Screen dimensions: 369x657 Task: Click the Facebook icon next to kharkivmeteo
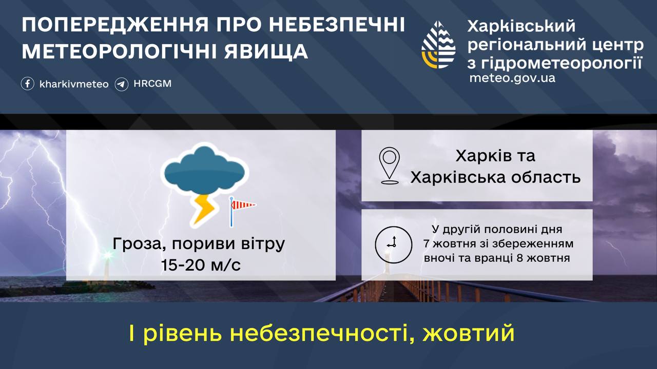pos(28,84)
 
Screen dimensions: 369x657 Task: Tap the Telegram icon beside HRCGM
pos(122,84)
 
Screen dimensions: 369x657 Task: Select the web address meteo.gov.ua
pos(512,78)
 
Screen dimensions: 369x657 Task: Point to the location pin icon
pos(390,166)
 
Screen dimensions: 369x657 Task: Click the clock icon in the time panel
pos(393,243)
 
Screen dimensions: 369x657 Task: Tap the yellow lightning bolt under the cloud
pos(204,209)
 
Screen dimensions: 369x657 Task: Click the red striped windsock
pos(242,206)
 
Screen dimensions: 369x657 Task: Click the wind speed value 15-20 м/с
pos(201,265)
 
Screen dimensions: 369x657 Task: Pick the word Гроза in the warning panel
pos(134,244)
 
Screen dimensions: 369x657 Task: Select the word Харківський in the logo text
pos(521,26)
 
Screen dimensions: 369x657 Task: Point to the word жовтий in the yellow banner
pos(469,334)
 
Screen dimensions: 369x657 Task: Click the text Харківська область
pos(495,177)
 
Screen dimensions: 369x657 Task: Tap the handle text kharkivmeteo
pos(74,84)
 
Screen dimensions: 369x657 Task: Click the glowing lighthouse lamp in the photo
pos(107,255)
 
